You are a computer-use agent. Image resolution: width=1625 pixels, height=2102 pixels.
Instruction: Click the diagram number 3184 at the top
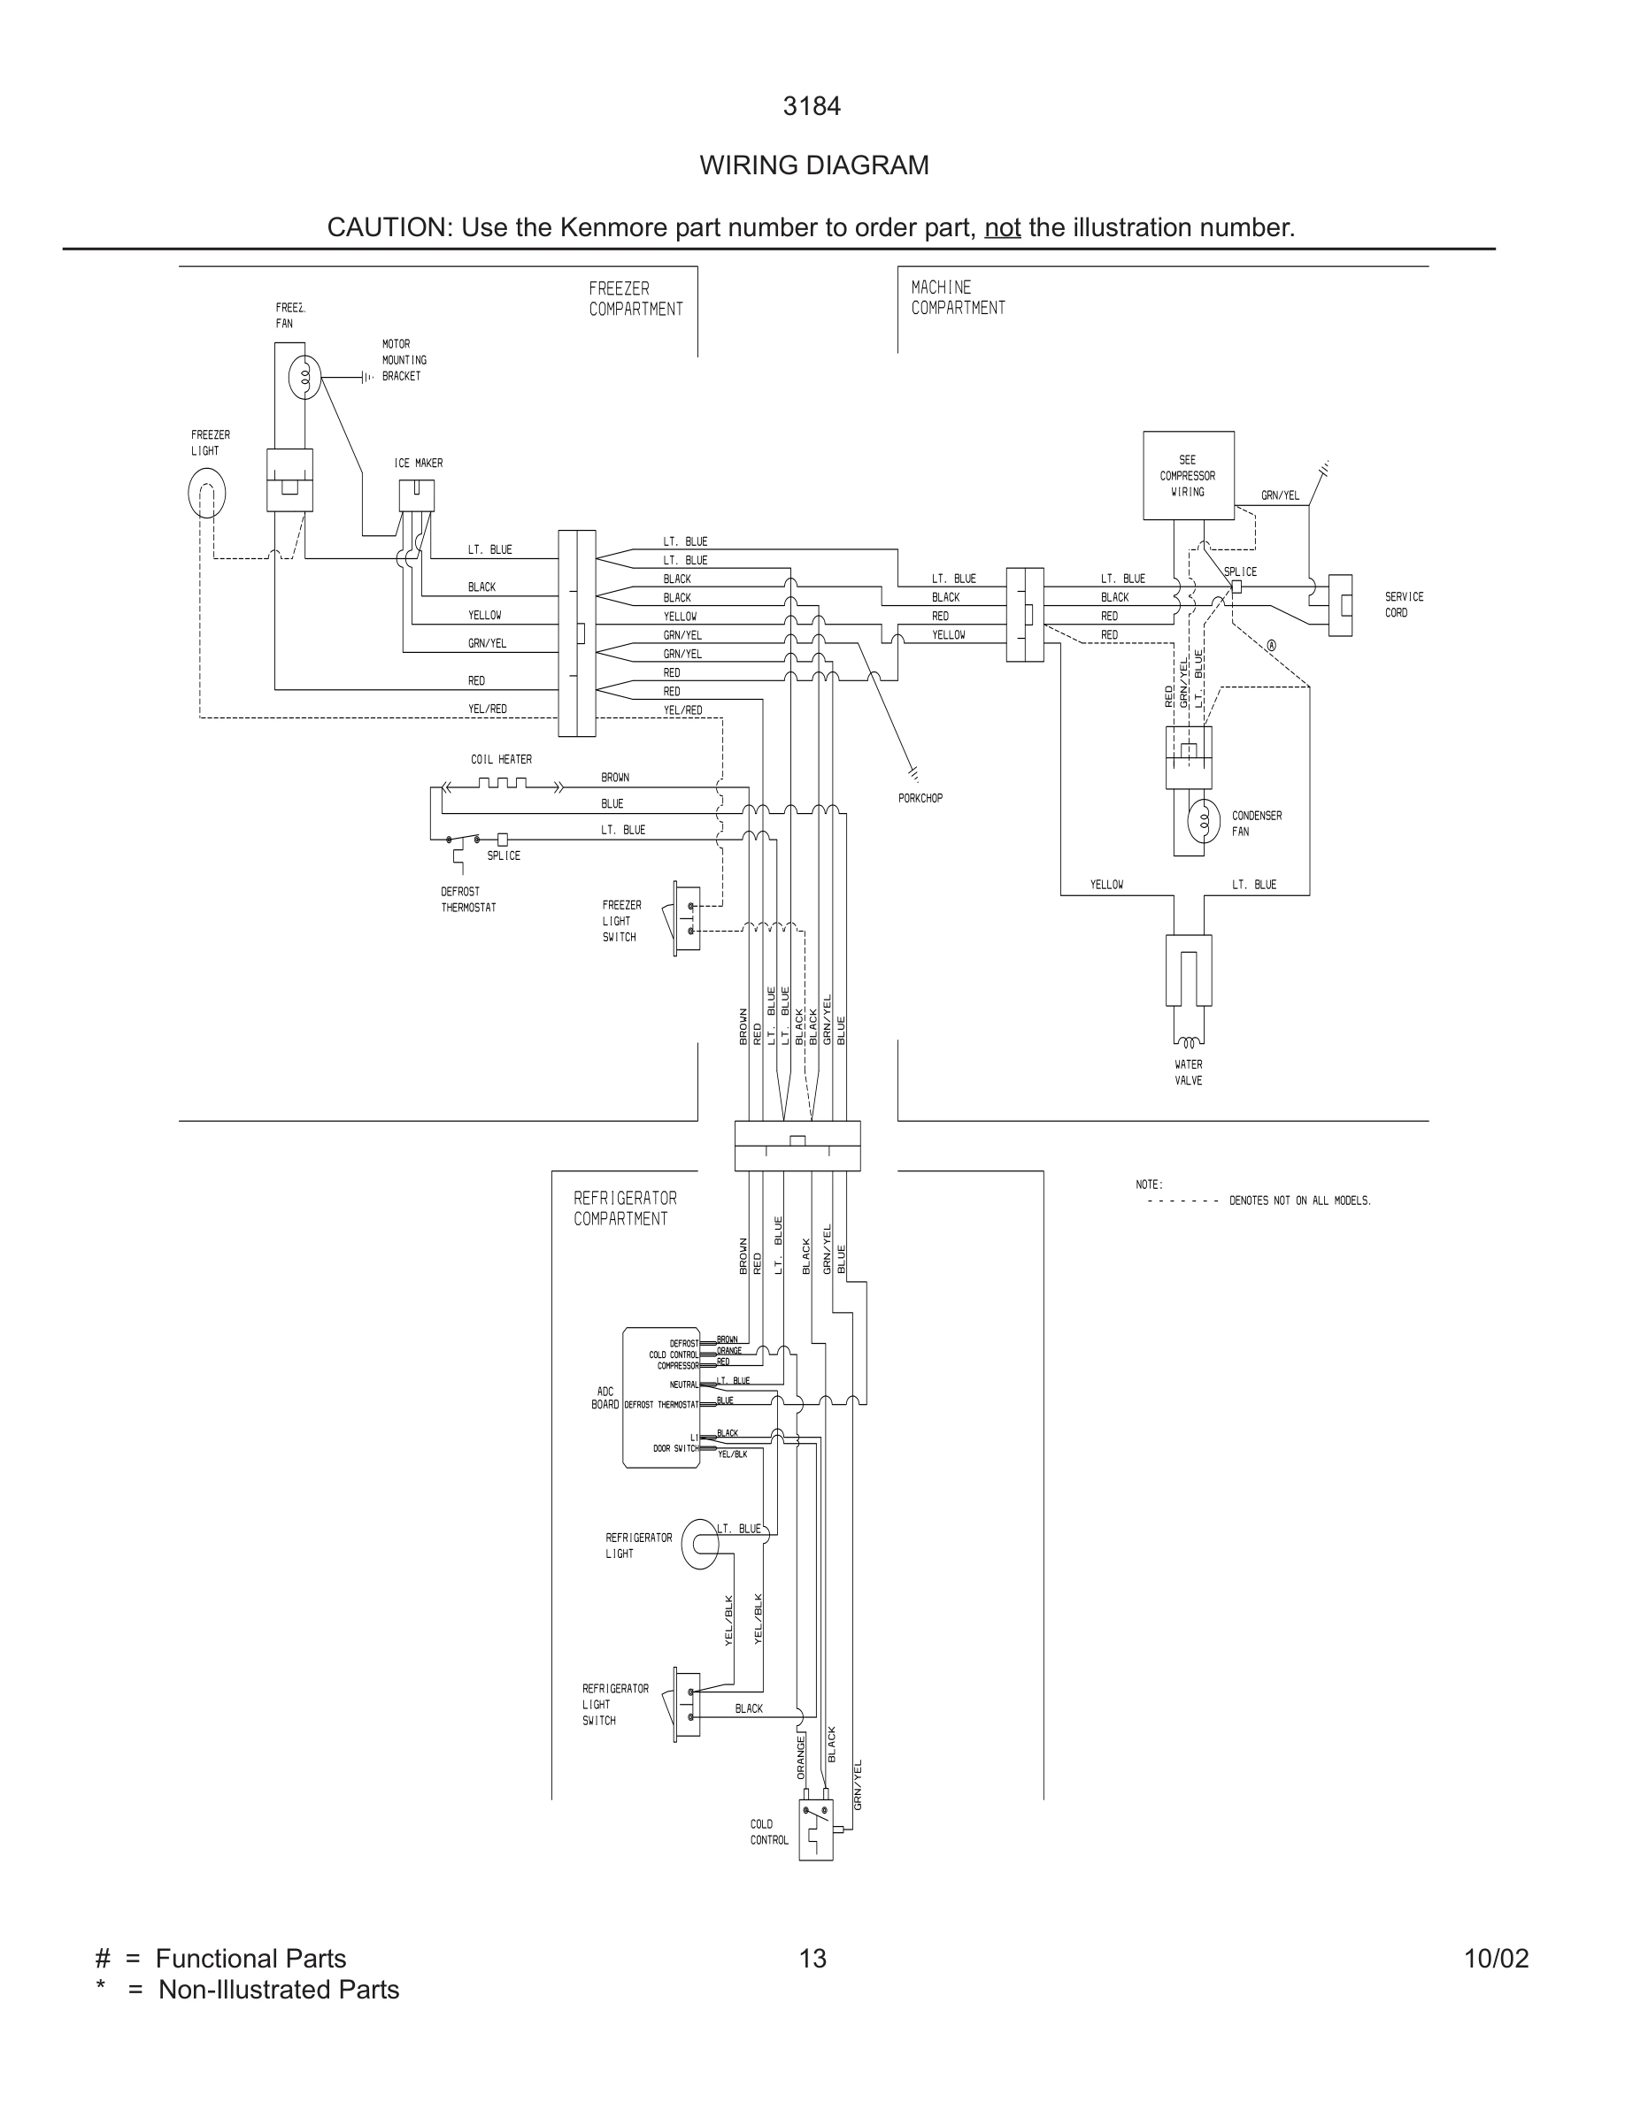coord(812,107)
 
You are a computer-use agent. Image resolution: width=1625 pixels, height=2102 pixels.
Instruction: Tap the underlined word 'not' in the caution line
coord(1002,228)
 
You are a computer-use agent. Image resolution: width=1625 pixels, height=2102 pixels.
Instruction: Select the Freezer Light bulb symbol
coord(207,493)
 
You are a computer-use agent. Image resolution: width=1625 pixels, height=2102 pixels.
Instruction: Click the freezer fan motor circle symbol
coord(305,377)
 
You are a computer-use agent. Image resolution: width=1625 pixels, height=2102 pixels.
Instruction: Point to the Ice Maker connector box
coord(416,495)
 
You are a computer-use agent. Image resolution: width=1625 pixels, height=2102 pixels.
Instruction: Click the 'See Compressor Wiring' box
coord(1188,475)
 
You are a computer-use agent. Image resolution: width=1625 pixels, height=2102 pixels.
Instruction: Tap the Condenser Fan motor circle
coord(1204,821)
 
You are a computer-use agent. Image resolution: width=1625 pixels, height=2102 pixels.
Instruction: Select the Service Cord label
coord(1403,604)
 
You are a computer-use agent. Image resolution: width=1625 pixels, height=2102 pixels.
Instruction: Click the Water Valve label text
coord(1188,1072)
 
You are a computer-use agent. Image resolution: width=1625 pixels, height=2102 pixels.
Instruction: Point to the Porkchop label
coord(920,798)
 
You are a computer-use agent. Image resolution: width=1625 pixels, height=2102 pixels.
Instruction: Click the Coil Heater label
coord(501,759)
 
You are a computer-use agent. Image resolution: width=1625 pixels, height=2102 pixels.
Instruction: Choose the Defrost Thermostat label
coord(468,899)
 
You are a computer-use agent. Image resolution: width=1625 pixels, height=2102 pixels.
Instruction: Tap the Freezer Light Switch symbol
coord(687,917)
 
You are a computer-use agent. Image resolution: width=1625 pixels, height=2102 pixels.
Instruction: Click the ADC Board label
coord(605,1398)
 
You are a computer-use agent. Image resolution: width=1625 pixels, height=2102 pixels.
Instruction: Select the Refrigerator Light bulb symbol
coord(700,1543)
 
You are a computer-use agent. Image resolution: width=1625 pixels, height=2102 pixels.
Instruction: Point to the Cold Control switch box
coord(815,1830)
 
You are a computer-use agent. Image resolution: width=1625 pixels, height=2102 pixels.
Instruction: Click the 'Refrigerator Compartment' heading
coord(625,1208)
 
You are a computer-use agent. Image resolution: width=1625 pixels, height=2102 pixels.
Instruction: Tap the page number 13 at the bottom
coord(812,1959)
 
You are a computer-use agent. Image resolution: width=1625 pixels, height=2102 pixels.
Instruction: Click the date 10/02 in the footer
coord(1495,1959)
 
